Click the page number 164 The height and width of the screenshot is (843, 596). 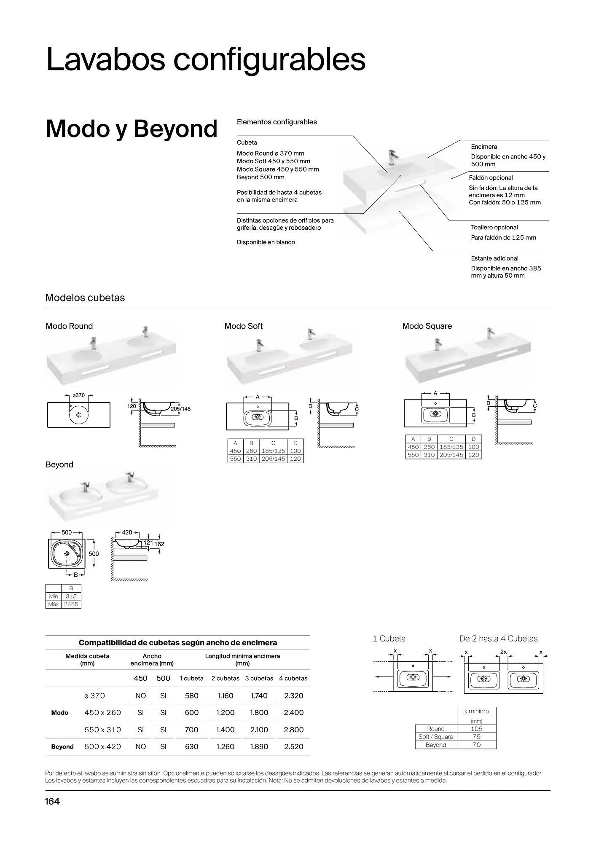(52, 801)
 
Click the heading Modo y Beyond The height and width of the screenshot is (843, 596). (131, 129)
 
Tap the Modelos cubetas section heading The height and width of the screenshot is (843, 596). (85, 298)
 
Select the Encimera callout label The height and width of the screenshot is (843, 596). (484, 147)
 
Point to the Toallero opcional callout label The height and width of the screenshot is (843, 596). (494, 227)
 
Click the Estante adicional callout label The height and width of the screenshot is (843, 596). (494, 258)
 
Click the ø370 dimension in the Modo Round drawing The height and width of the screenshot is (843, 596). (78, 395)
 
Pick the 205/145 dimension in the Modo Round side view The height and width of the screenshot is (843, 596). (180, 409)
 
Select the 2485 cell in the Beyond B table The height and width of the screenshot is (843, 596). (71, 604)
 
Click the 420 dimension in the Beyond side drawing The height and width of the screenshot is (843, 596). (127, 532)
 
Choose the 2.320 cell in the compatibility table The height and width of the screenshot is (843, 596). (293, 696)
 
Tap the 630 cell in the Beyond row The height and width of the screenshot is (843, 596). (191, 746)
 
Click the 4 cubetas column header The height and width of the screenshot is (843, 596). (293, 678)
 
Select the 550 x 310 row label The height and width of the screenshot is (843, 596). (102, 730)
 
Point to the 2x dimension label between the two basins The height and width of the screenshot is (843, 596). (503, 652)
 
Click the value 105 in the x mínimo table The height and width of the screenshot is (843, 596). (476, 729)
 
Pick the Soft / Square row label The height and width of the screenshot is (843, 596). (435, 737)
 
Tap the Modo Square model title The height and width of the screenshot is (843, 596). (427, 326)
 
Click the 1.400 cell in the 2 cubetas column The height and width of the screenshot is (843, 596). (225, 730)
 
